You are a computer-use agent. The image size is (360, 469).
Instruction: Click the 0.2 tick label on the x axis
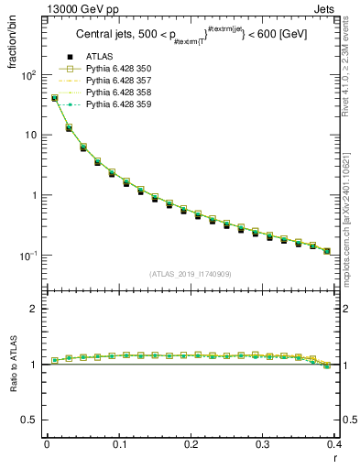[191, 444]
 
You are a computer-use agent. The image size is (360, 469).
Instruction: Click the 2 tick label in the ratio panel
[35, 309]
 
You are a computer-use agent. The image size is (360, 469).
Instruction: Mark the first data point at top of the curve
[54, 98]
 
